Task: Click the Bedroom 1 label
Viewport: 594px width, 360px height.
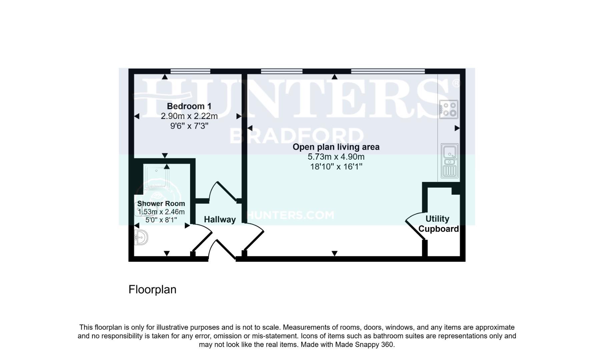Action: tap(189, 106)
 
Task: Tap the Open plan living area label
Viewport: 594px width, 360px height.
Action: tap(336, 147)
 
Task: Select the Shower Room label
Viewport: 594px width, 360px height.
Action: tap(161, 204)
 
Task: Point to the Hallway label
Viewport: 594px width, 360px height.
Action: tap(220, 220)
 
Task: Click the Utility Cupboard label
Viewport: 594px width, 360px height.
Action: tap(438, 224)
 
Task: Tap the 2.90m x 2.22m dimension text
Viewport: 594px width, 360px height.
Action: tap(189, 116)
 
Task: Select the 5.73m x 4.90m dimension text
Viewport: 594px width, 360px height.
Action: tap(336, 157)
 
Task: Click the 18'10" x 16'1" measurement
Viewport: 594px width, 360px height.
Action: tap(336, 167)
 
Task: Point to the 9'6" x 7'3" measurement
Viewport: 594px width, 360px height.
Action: tap(189, 126)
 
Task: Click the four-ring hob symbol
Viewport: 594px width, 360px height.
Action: tap(449, 109)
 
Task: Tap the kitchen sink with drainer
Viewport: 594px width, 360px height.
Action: tap(450, 161)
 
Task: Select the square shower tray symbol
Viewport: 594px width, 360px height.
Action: tap(156, 177)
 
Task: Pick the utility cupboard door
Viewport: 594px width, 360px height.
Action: tap(414, 227)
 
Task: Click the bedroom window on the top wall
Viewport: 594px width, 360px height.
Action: tap(190, 71)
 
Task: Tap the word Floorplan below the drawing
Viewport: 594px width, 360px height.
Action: tap(152, 289)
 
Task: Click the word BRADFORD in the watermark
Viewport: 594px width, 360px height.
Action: tap(296, 136)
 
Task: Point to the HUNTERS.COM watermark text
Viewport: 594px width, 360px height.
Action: tap(290, 215)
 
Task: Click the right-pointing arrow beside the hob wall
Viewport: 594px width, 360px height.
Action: tap(457, 128)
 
